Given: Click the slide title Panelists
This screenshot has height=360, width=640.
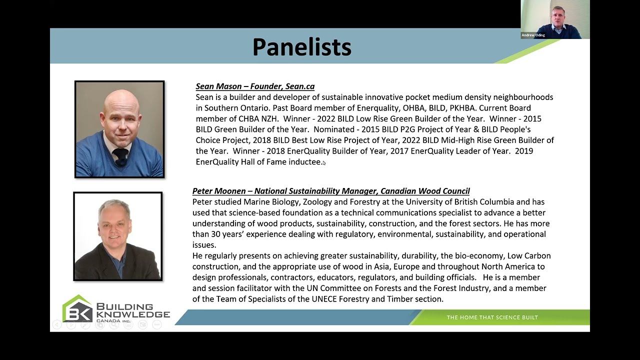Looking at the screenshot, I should point(301,47).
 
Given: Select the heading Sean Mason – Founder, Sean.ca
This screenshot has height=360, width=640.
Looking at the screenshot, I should point(255,86).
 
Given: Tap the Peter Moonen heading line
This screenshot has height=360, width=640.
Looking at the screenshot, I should point(331,191).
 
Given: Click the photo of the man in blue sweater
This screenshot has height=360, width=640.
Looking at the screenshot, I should point(119,129).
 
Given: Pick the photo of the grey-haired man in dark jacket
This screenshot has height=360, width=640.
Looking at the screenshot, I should point(118,236).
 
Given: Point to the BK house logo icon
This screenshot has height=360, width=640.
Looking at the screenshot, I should point(77,309).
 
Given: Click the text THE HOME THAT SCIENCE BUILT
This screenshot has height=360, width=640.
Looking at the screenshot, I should point(492,317).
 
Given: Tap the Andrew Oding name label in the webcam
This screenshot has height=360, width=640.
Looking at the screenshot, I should point(533,35).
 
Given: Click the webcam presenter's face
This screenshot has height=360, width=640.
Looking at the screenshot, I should point(558,15).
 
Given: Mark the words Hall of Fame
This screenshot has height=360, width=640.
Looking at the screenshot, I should point(262,162).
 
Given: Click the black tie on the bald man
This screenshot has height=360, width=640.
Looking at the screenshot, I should point(120,155).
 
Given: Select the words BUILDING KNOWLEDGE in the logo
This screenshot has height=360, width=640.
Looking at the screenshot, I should point(132,310).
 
